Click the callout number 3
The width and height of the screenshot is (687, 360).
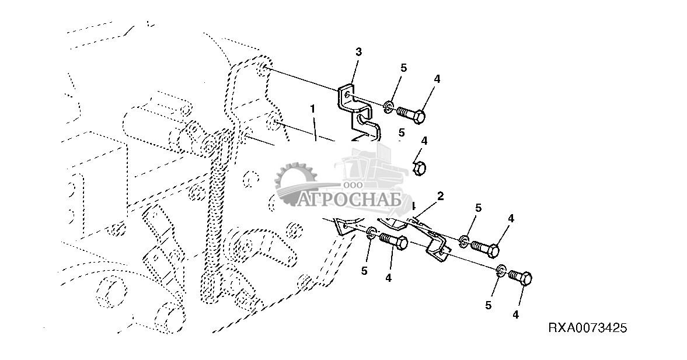358,53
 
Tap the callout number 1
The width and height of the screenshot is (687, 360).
313,109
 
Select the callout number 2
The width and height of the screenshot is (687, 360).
441,196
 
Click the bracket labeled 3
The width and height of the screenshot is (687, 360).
353,105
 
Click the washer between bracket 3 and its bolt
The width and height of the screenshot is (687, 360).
389,107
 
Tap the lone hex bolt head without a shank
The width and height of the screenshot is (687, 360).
419,168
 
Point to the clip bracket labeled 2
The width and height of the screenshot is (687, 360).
435,242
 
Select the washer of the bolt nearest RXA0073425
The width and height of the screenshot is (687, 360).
501,270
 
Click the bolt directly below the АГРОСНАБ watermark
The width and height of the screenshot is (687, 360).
394,241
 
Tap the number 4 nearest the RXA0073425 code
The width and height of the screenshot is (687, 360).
515,314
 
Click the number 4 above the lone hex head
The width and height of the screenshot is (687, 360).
424,141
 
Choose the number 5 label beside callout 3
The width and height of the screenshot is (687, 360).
403,68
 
